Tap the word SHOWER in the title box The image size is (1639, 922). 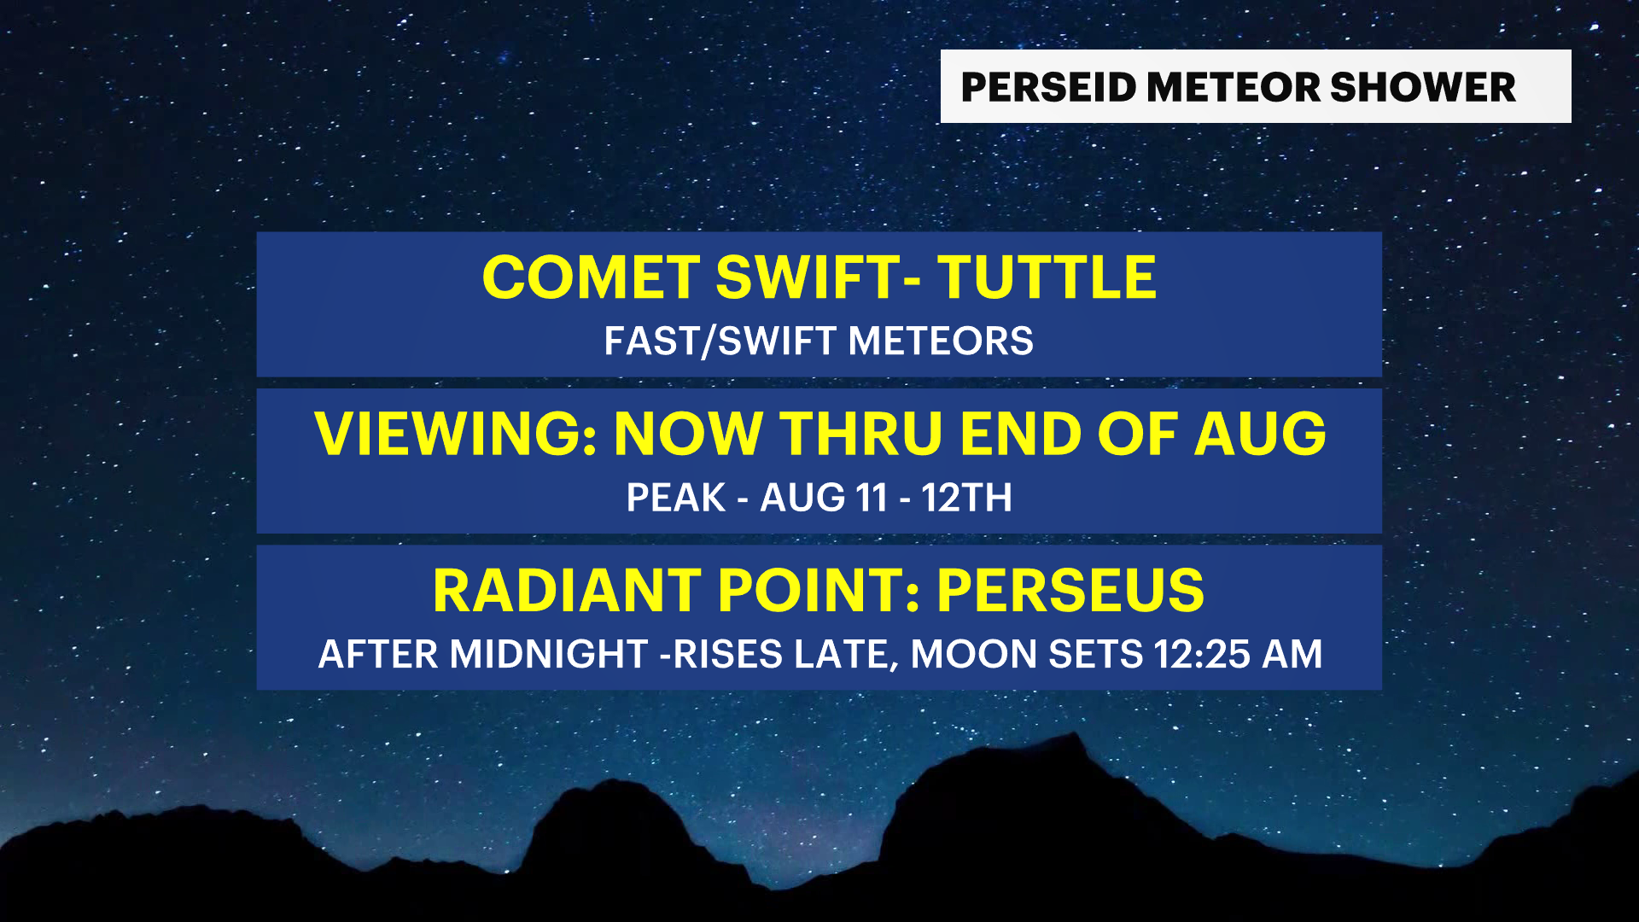1422,87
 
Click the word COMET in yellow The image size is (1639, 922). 591,277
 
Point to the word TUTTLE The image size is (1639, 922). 1047,277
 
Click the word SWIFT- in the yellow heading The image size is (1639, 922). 819,277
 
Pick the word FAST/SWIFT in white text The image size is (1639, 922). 720,341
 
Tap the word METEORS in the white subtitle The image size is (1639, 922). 941,341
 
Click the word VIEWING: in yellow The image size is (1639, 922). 456,434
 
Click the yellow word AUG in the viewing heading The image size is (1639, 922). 1260,434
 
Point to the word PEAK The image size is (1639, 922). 675,498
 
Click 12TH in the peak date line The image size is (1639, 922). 966,498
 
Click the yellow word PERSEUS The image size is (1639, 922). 1070,590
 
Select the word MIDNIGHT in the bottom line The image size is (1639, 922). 549,655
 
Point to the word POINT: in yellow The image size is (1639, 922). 819,590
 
